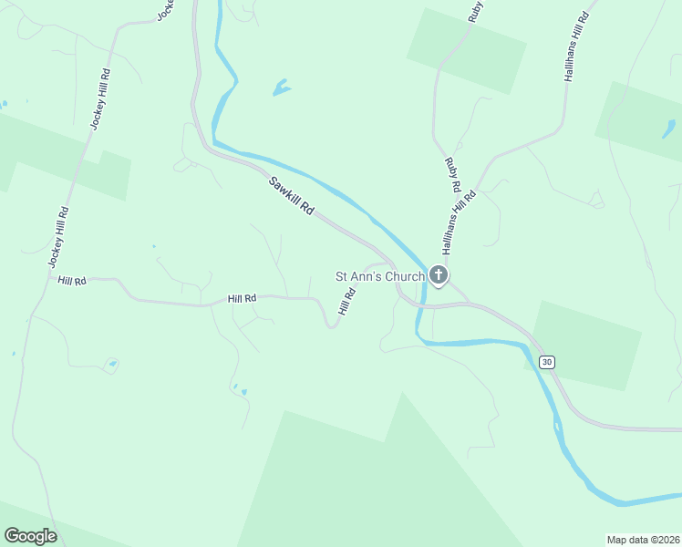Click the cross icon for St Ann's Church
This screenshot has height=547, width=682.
pos(439,275)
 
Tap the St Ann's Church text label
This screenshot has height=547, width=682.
pos(380,276)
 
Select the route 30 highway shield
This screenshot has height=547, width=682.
pos(546,362)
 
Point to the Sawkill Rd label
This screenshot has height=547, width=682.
pos(292,196)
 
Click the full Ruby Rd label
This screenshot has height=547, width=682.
pos(451,174)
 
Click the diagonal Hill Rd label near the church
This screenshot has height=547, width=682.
pos(346,301)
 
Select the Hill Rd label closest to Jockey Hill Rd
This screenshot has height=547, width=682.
pos(71,281)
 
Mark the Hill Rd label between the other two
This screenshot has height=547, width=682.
pos(243,298)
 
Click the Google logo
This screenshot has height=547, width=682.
pos(31,536)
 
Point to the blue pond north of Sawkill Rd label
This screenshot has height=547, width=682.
pos(281,88)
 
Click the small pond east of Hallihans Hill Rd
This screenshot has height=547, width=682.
pos(668,129)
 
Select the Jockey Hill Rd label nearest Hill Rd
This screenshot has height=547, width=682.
pos(58,237)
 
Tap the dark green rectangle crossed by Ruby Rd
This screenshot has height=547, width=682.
pos(466,50)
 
